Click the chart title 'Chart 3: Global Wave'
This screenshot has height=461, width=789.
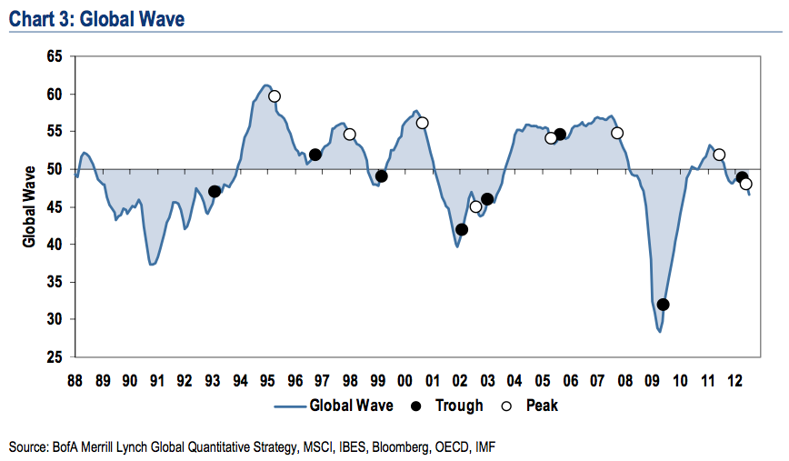coord(96,17)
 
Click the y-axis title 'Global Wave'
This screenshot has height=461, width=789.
coord(29,206)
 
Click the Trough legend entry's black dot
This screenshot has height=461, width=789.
coord(417,406)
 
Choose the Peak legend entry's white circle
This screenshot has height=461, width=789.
coord(508,406)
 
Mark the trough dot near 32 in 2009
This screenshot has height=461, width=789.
coord(663,305)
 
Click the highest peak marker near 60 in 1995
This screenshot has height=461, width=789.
coord(274,96)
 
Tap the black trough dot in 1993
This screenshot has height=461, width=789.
coord(215,191)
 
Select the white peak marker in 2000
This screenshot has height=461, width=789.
coord(422,123)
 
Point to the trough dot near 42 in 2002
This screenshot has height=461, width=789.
coord(462,229)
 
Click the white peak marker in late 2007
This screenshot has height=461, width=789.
coord(617,133)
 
